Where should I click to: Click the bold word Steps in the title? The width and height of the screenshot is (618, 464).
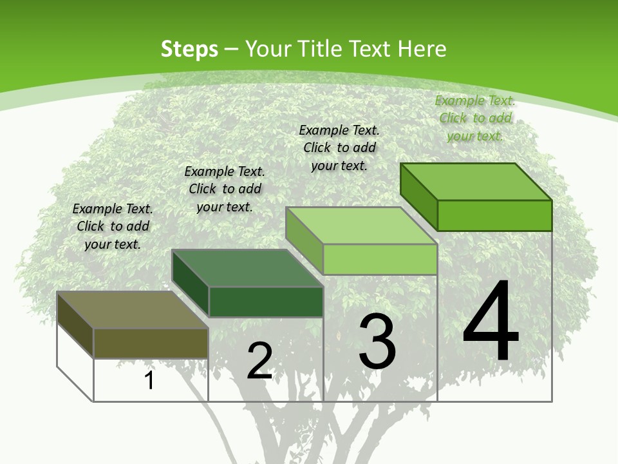click(x=189, y=49)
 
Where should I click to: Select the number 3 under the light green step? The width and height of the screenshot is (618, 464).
click(x=377, y=342)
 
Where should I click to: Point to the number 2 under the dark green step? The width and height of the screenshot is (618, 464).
click(x=259, y=361)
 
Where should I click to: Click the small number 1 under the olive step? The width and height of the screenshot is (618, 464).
click(x=149, y=380)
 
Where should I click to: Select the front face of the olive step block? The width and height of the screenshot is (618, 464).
click(x=151, y=343)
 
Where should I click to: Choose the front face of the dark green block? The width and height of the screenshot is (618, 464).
click(x=266, y=302)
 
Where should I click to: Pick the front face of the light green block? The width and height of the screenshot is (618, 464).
click(x=380, y=259)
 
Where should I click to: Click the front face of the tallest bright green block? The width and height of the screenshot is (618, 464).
click(x=494, y=215)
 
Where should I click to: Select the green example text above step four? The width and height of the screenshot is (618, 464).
click(x=475, y=118)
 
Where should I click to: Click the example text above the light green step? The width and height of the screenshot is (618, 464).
click(x=339, y=148)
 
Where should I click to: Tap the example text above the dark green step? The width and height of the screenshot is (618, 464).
click(x=225, y=189)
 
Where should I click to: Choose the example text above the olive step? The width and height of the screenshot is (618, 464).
click(x=113, y=226)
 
